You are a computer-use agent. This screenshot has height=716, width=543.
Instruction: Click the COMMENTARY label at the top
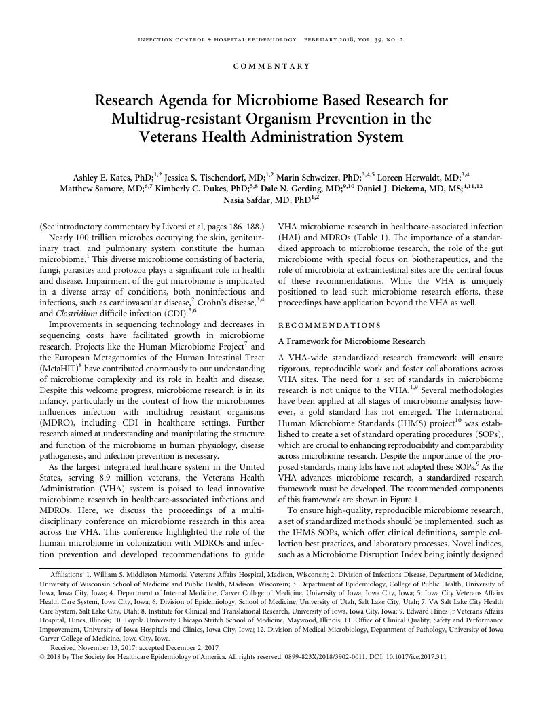point(271,66)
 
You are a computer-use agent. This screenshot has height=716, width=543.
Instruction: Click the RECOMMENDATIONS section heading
point(330,325)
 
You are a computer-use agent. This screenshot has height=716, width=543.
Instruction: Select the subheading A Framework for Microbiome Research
point(352,341)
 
